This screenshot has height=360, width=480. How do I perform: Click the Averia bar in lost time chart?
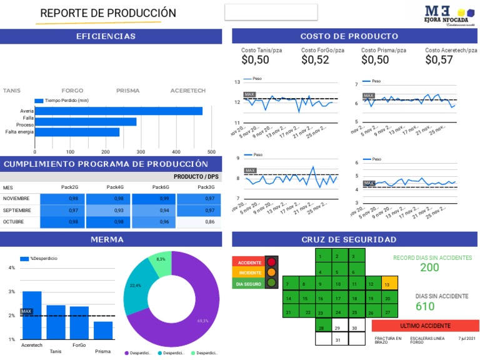pyautogui.click(x=119, y=111)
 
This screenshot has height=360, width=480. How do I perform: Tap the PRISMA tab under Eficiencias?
pyautogui.click(x=127, y=91)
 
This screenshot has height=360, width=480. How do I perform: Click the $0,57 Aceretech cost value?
pyautogui.click(x=439, y=60)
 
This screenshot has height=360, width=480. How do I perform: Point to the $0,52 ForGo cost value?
pyautogui.click(x=315, y=60)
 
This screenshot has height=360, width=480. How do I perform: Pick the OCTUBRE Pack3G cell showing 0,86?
pyautogui.click(x=199, y=222)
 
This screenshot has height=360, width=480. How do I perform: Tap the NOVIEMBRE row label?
pyautogui.click(x=17, y=199)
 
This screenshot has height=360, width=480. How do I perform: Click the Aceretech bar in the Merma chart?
pyautogui.click(x=32, y=316)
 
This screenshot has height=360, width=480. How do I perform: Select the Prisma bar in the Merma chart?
pyautogui.click(x=103, y=330)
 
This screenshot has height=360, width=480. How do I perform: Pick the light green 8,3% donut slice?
pyautogui.click(x=161, y=263)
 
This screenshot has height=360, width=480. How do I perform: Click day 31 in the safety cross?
pyautogui.click(x=337, y=339)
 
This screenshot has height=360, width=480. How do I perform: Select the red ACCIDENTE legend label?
pyautogui.click(x=249, y=262)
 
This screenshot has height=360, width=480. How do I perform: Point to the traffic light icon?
pyautogui.click(x=271, y=272)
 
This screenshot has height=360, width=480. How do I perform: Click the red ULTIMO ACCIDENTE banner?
pyautogui.click(x=425, y=326)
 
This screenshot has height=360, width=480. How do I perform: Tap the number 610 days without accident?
pyautogui.click(x=425, y=306)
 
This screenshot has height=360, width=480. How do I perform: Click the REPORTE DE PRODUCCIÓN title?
pyautogui.click(x=108, y=13)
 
